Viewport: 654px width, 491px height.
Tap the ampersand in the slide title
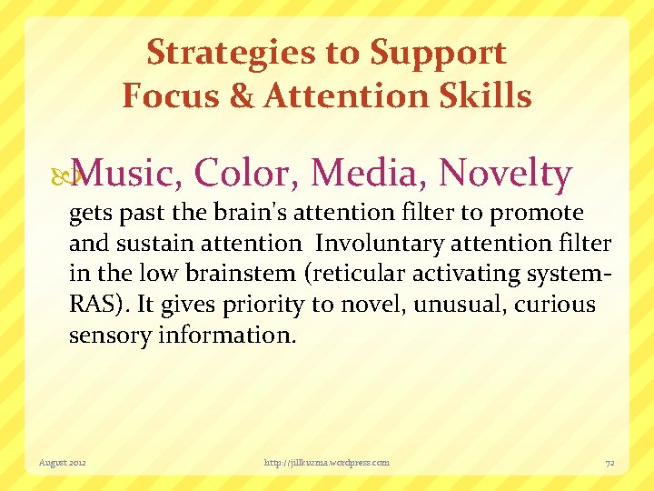(x=243, y=95)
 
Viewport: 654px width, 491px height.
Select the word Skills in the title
(x=488, y=95)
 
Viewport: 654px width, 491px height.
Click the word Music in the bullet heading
(x=127, y=174)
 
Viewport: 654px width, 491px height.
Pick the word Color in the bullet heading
(x=244, y=174)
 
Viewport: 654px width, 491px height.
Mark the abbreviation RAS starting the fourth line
(x=92, y=304)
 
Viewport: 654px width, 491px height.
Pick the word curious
(x=556, y=304)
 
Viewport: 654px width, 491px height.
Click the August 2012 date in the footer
(x=62, y=463)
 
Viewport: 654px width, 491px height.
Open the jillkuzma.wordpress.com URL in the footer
(x=326, y=463)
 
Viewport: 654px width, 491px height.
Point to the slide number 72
(x=610, y=463)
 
